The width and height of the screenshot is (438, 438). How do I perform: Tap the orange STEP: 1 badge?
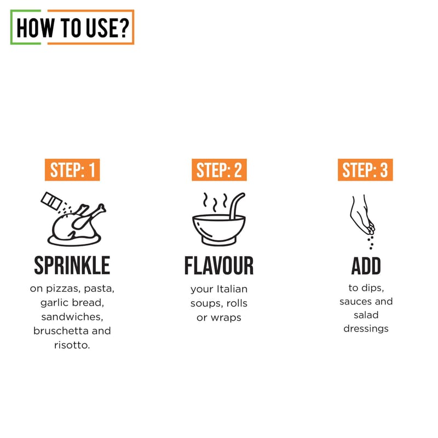point(72,170)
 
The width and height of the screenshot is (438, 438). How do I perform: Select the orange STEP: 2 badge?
point(220,170)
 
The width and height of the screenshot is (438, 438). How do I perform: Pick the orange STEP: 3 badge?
point(365,170)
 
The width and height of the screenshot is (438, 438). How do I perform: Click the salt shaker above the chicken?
point(51,201)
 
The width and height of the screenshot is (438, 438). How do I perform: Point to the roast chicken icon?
point(76,226)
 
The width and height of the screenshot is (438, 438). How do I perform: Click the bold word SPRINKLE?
point(72,266)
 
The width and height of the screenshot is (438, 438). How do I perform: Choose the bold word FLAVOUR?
point(219,266)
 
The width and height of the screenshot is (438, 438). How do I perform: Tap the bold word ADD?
point(366,266)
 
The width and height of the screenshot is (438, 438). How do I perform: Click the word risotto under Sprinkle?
point(72,345)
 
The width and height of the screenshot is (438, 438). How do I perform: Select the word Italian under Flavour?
point(232,289)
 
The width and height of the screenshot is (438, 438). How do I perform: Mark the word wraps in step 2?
point(226,318)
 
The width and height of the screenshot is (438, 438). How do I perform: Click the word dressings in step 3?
point(366,329)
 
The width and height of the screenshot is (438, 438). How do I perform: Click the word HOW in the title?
point(35,28)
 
